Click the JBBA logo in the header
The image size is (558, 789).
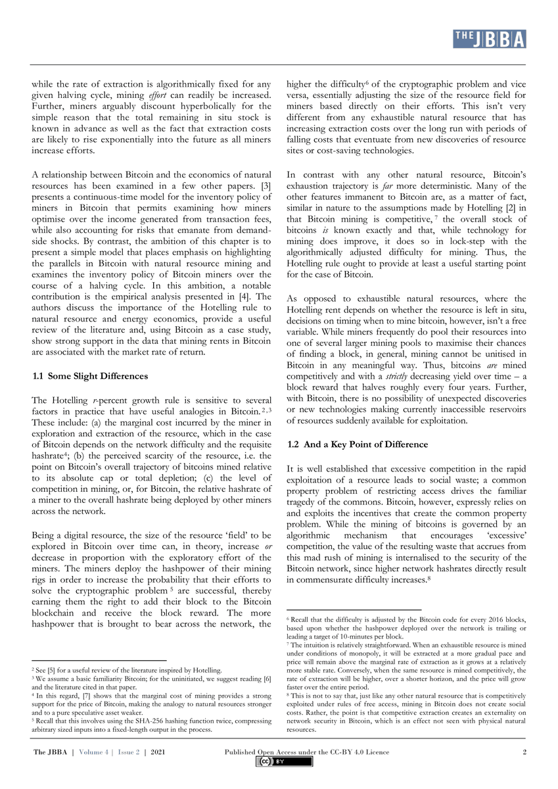pyautogui.click(x=489, y=39)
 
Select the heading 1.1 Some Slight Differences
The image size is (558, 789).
pyautogui.click(x=90, y=376)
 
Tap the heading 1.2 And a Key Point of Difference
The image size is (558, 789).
pyautogui.click(x=358, y=444)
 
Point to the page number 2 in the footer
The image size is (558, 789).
pyautogui.click(x=524, y=752)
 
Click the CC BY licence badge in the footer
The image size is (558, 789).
pyautogui.click(x=285, y=762)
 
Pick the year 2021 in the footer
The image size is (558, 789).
pyautogui.click(x=157, y=752)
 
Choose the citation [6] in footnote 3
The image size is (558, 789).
pyautogui.click(x=266, y=678)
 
